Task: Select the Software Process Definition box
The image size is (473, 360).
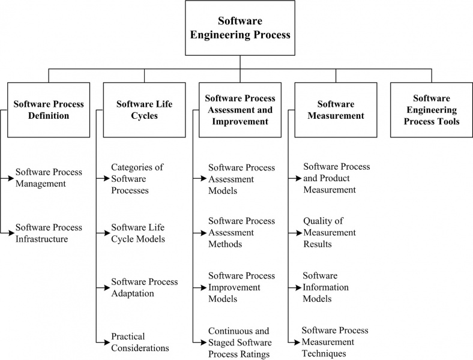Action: pyautogui.click(x=49, y=110)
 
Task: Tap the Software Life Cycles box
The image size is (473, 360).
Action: pyautogui.click(x=144, y=110)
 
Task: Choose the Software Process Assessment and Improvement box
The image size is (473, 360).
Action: pyautogui.click(x=240, y=110)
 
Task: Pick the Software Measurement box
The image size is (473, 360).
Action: pyautogui.click(x=336, y=110)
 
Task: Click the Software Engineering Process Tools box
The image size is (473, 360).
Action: pyautogui.click(x=431, y=110)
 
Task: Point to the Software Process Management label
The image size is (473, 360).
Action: pyautogui.click(x=49, y=178)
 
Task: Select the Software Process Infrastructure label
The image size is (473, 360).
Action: pyautogui.click(x=49, y=233)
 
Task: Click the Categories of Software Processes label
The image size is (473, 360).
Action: pyautogui.click(x=137, y=179)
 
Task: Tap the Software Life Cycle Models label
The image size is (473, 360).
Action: pyautogui.click(x=138, y=233)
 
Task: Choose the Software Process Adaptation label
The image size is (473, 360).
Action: pyautogui.click(x=145, y=287)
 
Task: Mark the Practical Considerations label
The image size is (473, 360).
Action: pyautogui.click(x=140, y=342)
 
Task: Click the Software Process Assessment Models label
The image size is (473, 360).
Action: pyautogui.click(x=241, y=179)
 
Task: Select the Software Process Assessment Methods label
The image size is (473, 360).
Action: pyautogui.click(x=241, y=233)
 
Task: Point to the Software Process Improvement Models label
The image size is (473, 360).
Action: pyautogui.click(x=241, y=287)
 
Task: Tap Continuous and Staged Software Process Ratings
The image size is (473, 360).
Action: pyautogui.click(x=240, y=342)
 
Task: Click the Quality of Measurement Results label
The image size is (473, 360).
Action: pyautogui.click(x=330, y=233)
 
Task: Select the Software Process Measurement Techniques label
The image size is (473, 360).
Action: pyautogui.click(x=335, y=342)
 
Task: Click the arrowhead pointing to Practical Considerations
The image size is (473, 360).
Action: pyautogui.click(x=107, y=342)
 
